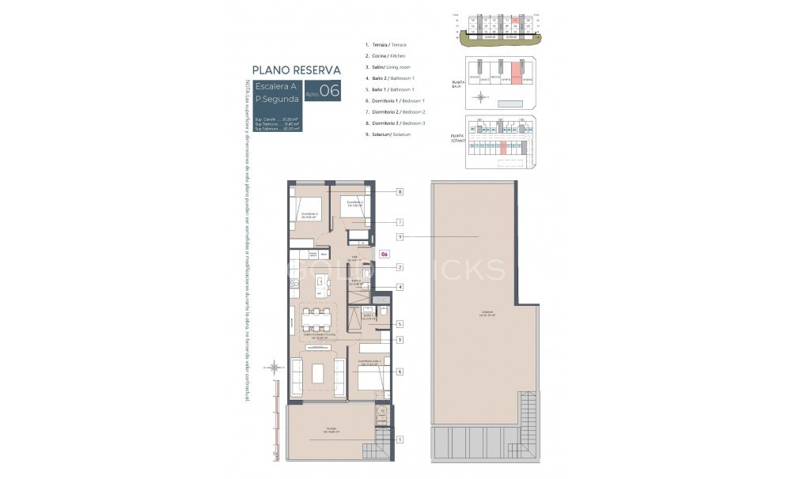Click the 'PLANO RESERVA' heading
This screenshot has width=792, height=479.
coord(296,69)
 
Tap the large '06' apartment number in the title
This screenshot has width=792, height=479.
coord(330,91)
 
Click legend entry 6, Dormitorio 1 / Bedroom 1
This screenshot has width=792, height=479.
coord(396,101)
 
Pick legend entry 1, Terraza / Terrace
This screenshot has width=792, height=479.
coord(386,45)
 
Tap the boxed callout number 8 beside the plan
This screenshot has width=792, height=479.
coord(400,191)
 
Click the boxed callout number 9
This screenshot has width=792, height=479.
coord(400,236)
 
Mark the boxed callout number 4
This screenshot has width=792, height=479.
coord(400,287)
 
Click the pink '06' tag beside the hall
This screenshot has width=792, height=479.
coord(384,254)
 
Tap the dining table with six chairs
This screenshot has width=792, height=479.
coord(316,320)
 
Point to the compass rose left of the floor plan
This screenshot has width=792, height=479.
coord(274,367)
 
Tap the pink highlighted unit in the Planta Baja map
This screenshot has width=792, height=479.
coord(515,74)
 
